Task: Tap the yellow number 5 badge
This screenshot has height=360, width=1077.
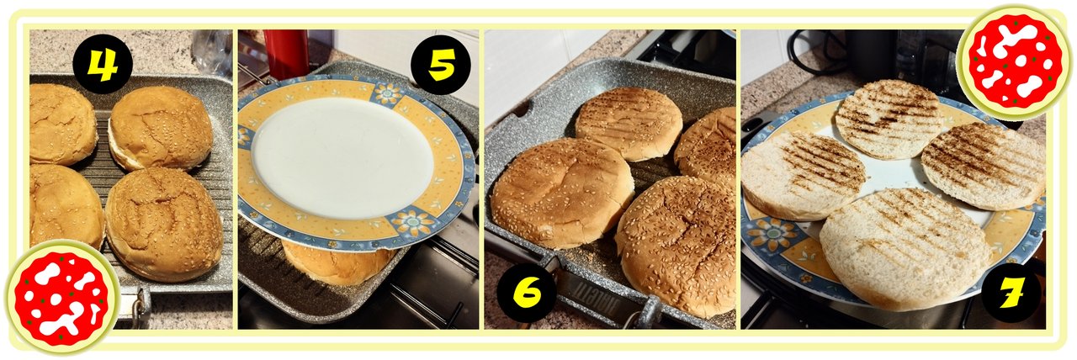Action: point(441,65)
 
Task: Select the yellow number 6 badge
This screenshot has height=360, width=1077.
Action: point(527,292)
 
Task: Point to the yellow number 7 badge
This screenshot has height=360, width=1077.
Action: point(1011,293)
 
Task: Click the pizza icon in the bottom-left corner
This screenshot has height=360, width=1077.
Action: point(61,298)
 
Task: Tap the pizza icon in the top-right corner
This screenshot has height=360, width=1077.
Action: point(1015,61)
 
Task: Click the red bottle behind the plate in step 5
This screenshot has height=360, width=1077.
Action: point(285,54)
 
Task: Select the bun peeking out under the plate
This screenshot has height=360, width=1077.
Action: point(337,265)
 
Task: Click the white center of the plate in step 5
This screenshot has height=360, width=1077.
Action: point(342,159)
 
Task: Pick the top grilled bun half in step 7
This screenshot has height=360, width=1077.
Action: point(889,119)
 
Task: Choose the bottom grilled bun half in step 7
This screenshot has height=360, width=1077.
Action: point(905,249)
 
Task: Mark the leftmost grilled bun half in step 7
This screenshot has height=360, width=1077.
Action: point(803,176)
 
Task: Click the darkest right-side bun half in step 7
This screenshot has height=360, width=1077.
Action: point(984,166)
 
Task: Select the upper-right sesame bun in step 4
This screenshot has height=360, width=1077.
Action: point(161,128)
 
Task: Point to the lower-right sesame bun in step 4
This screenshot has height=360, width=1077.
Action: point(163,224)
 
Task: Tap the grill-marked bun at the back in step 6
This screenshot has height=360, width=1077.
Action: point(629,123)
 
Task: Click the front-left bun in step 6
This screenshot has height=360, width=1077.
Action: point(562,193)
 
